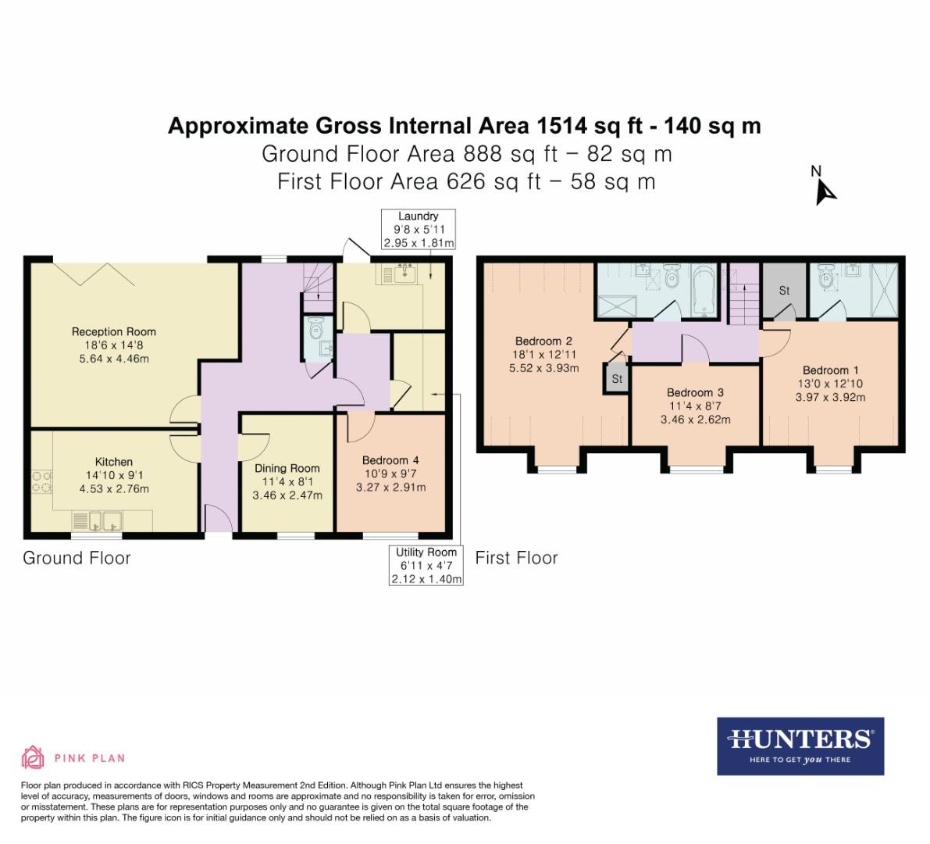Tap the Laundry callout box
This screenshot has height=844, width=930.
418,229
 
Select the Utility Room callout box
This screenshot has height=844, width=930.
426,566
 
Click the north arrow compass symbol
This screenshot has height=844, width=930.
824,188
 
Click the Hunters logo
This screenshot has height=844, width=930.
800,746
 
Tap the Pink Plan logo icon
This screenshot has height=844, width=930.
33,757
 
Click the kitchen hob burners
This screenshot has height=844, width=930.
41,481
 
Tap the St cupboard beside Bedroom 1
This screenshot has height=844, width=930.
784,291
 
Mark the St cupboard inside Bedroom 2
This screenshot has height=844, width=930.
616,379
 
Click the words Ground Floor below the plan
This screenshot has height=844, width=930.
77,558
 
